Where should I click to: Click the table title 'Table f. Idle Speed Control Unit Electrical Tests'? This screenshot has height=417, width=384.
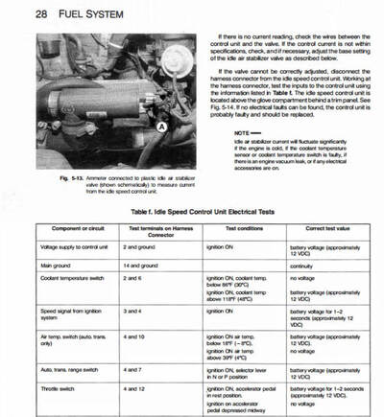pyautogui.click(x=195, y=208)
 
